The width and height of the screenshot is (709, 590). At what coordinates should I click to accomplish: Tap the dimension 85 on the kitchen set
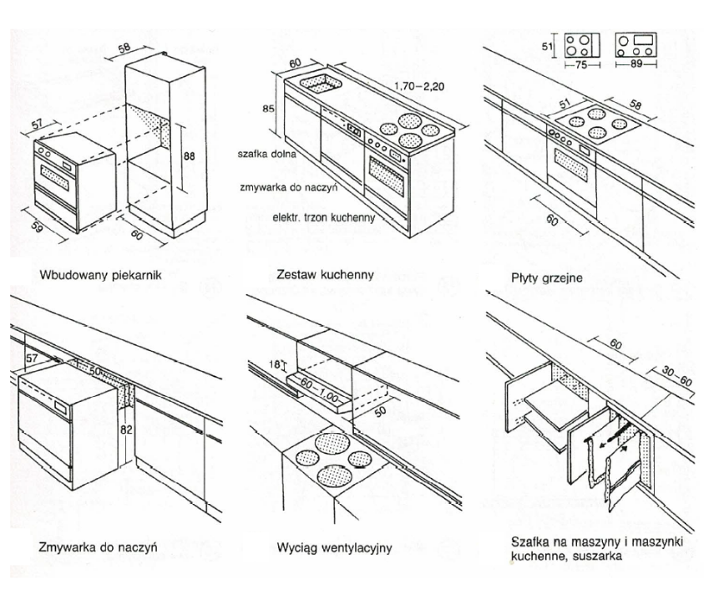coord(266,108)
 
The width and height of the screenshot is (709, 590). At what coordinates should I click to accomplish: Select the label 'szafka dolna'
coord(266,154)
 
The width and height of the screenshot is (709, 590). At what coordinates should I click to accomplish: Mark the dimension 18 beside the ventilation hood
coord(271,365)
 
